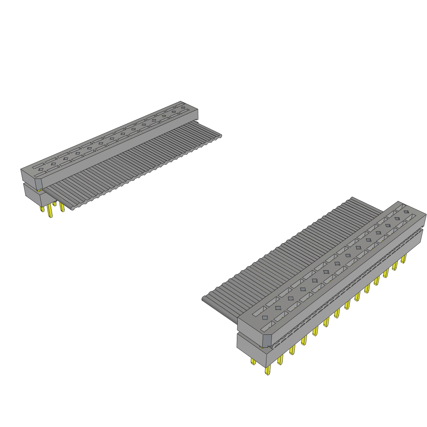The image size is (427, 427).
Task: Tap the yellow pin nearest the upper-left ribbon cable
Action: point(62,207)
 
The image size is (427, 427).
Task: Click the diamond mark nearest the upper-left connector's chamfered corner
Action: point(40,170)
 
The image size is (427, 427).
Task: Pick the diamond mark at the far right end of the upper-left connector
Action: point(183,108)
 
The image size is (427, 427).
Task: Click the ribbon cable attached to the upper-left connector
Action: point(138,163)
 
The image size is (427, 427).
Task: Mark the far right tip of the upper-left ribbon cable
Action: point(220,136)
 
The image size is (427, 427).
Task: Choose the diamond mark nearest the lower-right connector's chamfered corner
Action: point(265,318)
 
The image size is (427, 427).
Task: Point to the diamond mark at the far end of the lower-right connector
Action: point(406,212)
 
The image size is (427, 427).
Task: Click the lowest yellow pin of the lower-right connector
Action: point(267,371)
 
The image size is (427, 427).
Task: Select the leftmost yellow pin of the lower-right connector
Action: point(253,361)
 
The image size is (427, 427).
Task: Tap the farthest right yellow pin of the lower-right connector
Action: point(403,259)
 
